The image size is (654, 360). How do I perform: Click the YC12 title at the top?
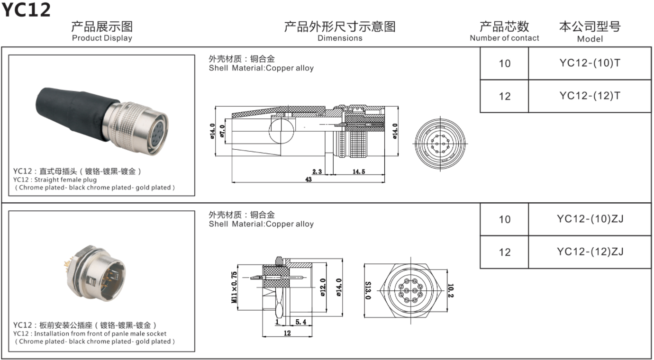click(x=26, y=9)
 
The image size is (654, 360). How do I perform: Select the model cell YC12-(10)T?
click(x=590, y=63)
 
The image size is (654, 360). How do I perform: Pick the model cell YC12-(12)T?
click(x=590, y=96)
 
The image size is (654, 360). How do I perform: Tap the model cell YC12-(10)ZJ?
click(x=590, y=219)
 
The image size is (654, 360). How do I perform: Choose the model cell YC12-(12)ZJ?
click(x=590, y=252)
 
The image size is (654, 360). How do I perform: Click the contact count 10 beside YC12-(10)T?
click(x=505, y=63)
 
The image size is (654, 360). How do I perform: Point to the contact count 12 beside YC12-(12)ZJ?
click(x=505, y=252)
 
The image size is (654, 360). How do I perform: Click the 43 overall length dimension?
click(x=309, y=180)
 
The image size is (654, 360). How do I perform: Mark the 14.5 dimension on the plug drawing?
click(x=358, y=172)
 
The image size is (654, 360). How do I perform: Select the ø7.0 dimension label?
click(x=222, y=130)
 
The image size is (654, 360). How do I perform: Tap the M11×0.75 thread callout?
click(x=234, y=287)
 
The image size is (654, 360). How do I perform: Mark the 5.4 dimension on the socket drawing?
click(x=300, y=322)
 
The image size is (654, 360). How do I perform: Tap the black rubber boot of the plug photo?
click(x=71, y=109)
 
